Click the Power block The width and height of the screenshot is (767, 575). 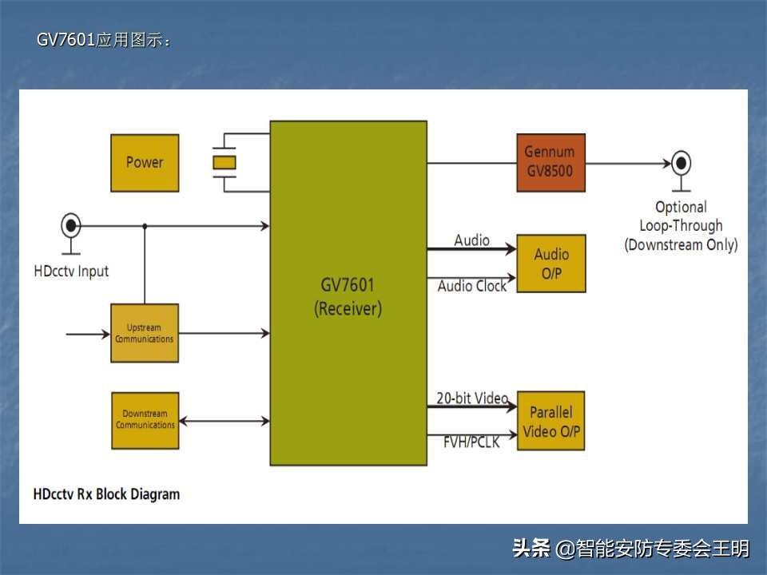(x=144, y=163)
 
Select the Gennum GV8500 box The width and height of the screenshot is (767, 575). (x=550, y=162)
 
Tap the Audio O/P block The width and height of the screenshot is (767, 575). (x=551, y=264)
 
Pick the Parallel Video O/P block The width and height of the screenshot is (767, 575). (x=550, y=421)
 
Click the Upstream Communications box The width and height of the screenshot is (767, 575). (x=144, y=333)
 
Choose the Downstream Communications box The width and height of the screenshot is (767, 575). (x=145, y=420)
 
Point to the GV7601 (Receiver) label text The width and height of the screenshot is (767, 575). (x=348, y=296)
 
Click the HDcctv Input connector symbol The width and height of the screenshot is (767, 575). (x=71, y=225)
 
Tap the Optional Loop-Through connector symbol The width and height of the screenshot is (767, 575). (x=681, y=164)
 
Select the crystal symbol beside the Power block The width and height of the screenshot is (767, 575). (x=225, y=163)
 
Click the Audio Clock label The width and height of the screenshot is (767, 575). (x=471, y=286)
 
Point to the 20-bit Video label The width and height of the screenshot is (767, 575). (x=471, y=398)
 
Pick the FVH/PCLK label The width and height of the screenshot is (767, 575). (x=471, y=441)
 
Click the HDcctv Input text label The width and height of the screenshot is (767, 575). (x=71, y=272)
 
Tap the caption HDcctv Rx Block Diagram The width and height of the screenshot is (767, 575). (x=106, y=494)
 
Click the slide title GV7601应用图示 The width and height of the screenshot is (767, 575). (x=104, y=41)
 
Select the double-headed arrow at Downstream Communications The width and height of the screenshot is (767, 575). (x=225, y=421)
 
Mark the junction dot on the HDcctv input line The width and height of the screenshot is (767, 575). (x=145, y=227)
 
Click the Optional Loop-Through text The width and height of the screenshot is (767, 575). (x=681, y=225)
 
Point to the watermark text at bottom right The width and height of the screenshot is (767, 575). (x=630, y=549)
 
